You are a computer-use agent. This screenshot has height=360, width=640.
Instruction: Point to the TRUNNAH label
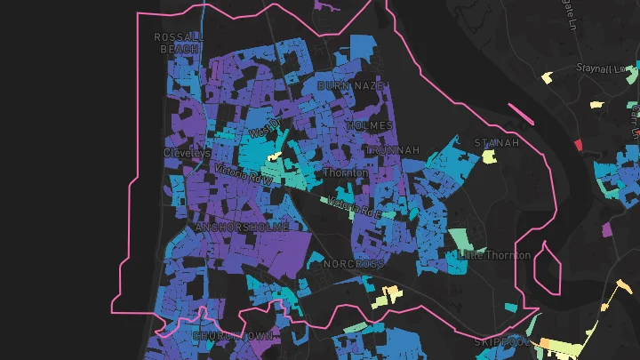coord(391,151)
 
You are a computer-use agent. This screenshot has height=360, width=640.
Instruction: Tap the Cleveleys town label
coord(187,153)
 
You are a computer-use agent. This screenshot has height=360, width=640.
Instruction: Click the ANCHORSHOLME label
coord(241,228)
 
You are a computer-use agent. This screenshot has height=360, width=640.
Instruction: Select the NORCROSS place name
coord(354,264)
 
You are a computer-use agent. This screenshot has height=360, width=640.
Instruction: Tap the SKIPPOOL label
coord(501,341)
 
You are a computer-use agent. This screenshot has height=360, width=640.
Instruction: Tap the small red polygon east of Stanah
coord(577,144)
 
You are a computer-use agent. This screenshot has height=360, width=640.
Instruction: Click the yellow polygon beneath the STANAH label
coord(488,157)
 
